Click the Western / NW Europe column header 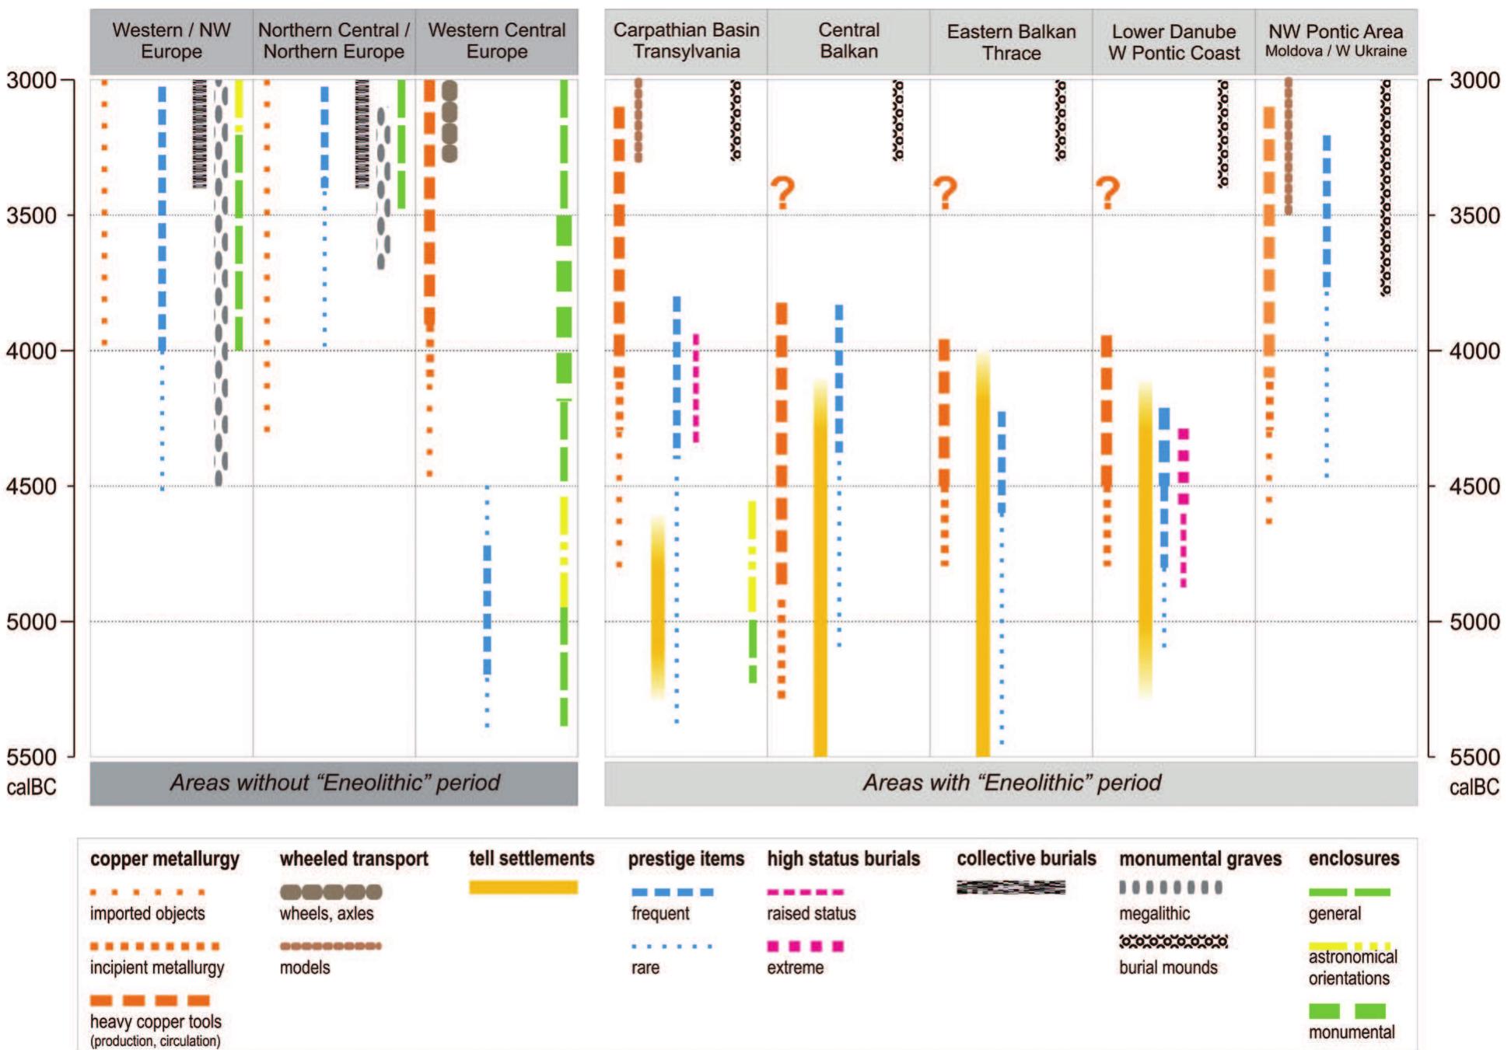[x=171, y=41]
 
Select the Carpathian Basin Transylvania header [x=686, y=41]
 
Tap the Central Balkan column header [x=848, y=41]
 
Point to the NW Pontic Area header [x=1335, y=41]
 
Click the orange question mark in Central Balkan [x=782, y=193]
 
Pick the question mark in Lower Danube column [x=1107, y=193]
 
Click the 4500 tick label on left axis [x=31, y=487]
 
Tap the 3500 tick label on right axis [x=1474, y=215]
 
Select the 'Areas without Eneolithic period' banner [x=334, y=783]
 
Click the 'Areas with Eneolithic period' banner [x=1011, y=783]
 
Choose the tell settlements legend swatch [x=523, y=888]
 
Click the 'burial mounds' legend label [x=1168, y=968]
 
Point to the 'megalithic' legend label [x=1154, y=914]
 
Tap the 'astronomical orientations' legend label [x=1352, y=968]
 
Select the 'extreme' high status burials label [x=795, y=968]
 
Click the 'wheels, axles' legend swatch [x=331, y=891]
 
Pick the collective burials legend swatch [x=1010, y=887]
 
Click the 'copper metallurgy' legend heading [x=165, y=860]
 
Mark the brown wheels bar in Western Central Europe [x=449, y=120]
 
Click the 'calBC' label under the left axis [x=31, y=787]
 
